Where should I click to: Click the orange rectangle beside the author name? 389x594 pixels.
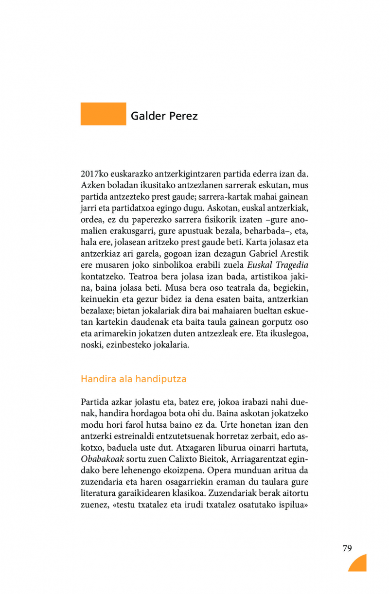point(103,114)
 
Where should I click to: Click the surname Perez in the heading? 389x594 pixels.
point(183,116)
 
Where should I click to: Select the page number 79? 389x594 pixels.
point(347,548)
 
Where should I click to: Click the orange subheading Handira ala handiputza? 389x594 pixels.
point(134,378)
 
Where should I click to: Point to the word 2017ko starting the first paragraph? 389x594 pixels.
point(94,174)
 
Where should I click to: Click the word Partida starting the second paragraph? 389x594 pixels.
point(94,402)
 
